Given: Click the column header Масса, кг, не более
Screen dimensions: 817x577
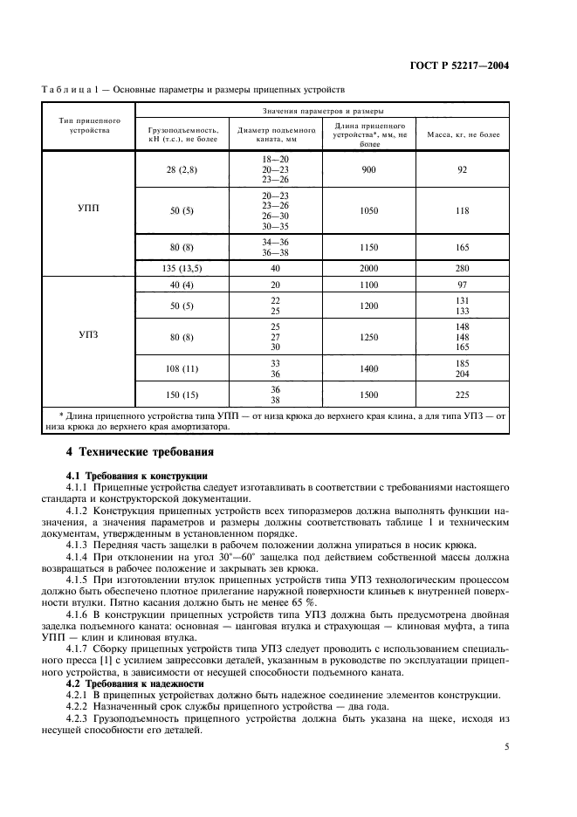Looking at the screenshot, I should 463,135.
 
